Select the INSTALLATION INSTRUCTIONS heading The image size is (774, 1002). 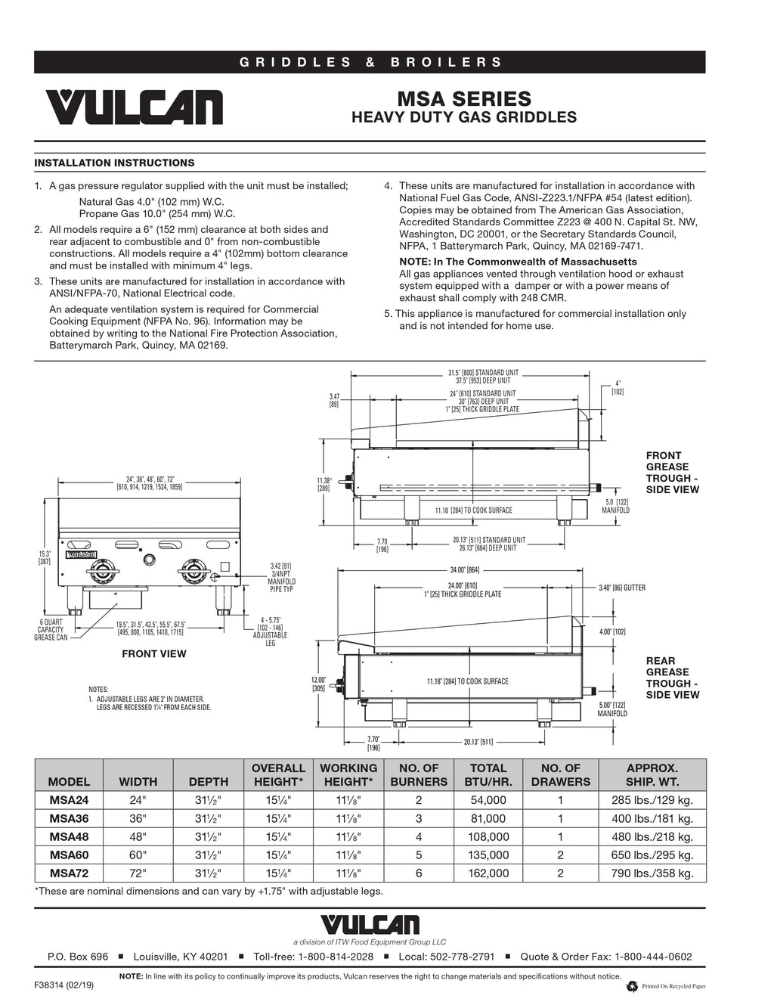click(x=114, y=163)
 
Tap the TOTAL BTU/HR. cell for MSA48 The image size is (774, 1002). click(x=488, y=837)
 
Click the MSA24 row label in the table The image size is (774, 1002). click(x=69, y=800)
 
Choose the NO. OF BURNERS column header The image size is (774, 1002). click(x=419, y=775)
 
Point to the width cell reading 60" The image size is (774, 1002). click(x=138, y=855)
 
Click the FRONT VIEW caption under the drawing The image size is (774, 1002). click(x=154, y=653)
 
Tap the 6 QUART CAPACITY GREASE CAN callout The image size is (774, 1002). click(x=51, y=629)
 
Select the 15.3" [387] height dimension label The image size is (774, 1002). click(x=45, y=557)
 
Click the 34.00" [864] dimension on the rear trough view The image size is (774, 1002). click(x=463, y=570)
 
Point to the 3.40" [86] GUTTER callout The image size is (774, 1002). click(x=621, y=588)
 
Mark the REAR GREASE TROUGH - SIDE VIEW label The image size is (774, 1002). click(x=672, y=678)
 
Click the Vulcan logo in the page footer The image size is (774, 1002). click(x=370, y=924)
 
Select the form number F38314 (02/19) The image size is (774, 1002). click(x=64, y=986)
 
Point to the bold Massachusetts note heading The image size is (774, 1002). click(x=518, y=262)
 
